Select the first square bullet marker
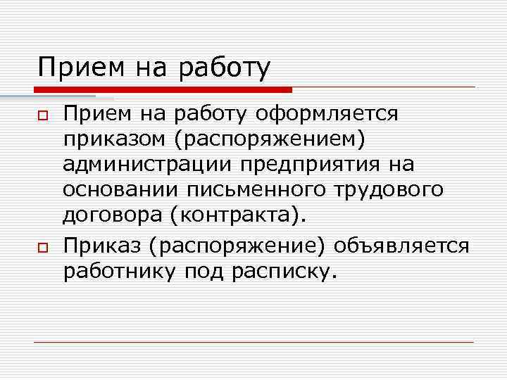[42, 115]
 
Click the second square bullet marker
[42, 246]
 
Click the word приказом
[112, 139]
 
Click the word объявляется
[401, 246]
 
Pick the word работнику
[120, 272]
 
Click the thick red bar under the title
[162, 90]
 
